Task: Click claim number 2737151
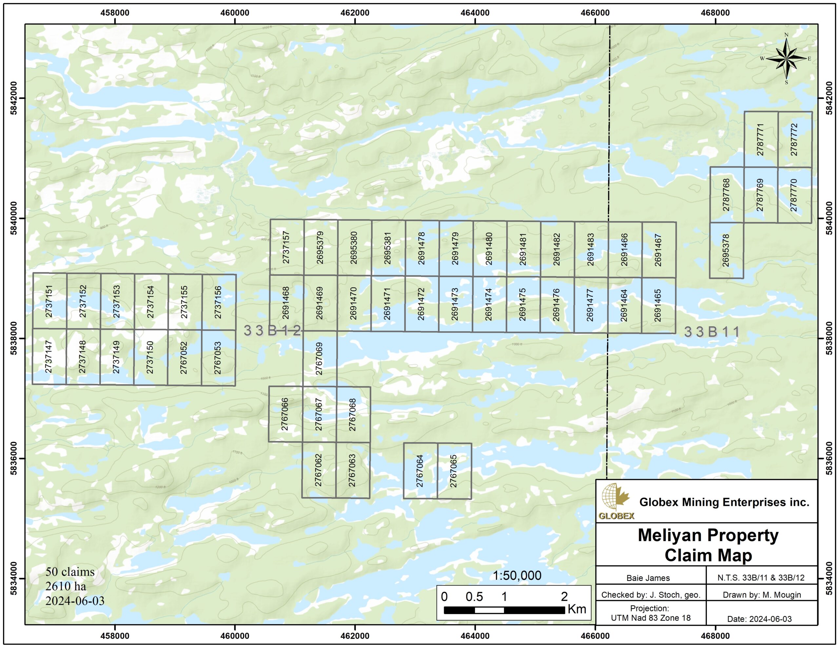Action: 49,301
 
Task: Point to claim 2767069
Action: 320,358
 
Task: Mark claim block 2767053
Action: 218,358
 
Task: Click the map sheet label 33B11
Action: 712,332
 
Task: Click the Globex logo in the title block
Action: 616,501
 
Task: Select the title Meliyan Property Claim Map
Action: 708,545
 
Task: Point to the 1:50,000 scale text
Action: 517,575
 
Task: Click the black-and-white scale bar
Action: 504,610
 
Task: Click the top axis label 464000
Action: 475,13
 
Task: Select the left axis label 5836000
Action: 14,458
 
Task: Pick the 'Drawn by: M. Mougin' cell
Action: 761,595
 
